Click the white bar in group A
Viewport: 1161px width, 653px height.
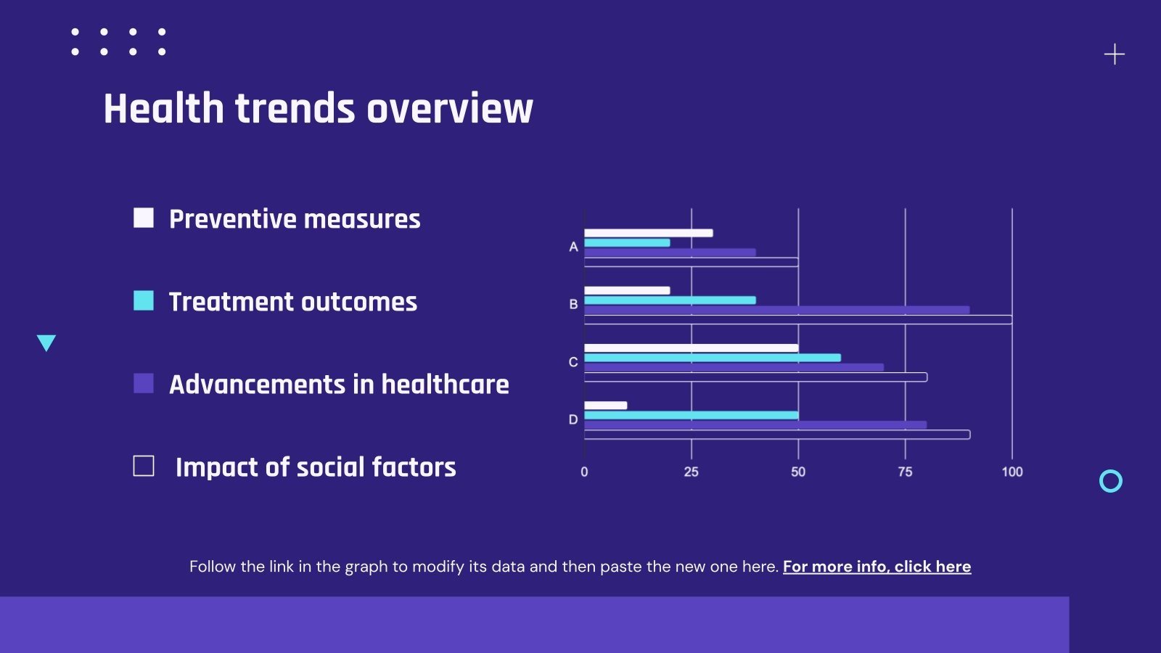click(x=648, y=233)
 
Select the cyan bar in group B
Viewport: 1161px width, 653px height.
click(x=670, y=300)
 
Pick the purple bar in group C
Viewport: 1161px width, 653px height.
click(x=734, y=368)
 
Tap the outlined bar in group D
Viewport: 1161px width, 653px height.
click(x=776, y=435)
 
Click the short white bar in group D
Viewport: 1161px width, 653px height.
click(x=605, y=406)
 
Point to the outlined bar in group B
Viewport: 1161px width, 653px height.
click(x=797, y=320)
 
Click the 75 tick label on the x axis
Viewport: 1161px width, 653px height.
click(x=905, y=472)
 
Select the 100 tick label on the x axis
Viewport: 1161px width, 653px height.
click(x=1012, y=472)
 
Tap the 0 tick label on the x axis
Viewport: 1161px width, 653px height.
click(x=584, y=472)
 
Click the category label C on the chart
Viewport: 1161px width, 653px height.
click(x=573, y=362)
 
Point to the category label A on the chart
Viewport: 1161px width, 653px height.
click(x=573, y=247)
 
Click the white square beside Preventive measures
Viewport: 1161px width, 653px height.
click(x=144, y=218)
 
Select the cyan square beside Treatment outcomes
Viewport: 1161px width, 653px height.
click(x=144, y=300)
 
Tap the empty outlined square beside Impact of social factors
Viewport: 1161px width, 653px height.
click(x=144, y=466)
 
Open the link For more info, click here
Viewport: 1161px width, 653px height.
click(x=877, y=567)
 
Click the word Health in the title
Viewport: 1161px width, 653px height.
click(x=163, y=109)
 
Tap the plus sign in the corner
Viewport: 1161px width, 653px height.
click(x=1115, y=54)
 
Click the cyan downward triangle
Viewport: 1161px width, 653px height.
click(x=46, y=342)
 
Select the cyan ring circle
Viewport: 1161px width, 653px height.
click(x=1111, y=481)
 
